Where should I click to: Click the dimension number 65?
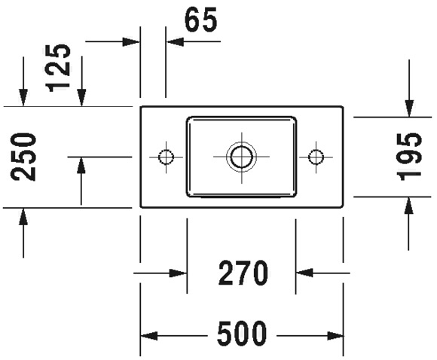click(x=200, y=20)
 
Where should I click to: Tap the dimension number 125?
click(x=58, y=69)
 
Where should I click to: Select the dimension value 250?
click(x=23, y=157)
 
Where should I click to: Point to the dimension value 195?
click(x=408, y=157)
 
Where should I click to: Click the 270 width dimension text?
click(x=243, y=273)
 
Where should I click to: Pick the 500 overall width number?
click(x=242, y=334)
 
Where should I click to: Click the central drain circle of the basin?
click(x=241, y=157)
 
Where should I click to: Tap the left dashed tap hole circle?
click(x=166, y=157)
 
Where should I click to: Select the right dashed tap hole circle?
click(x=316, y=157)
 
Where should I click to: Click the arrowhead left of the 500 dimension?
click(x=149, y=336)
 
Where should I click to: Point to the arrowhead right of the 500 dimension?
click(x=335, y=336)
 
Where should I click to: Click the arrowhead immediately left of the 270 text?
click(x=178, y=273)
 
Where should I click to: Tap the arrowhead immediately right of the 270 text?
click(x=304, y=273)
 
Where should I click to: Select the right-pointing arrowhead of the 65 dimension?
click(x=131, y=41)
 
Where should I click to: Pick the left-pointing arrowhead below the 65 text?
click(x=175, y=41)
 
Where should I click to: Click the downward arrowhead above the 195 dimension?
click(x=409, y=108)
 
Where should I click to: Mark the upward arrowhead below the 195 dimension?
click(x=408, y=206)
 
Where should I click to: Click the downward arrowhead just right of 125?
click(x=81, y=97)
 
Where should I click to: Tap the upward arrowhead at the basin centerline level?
click(x=81, y=166)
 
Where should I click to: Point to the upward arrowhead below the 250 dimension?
click(x=23, y=216)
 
